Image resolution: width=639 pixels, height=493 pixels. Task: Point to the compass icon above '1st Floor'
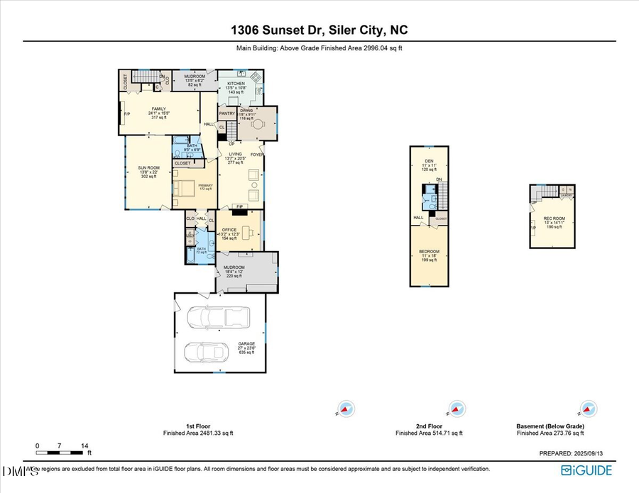pos(344,409)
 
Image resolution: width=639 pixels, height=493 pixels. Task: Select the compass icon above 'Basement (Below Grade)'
pos(586,409)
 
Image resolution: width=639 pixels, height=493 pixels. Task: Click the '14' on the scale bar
pos(84,446)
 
